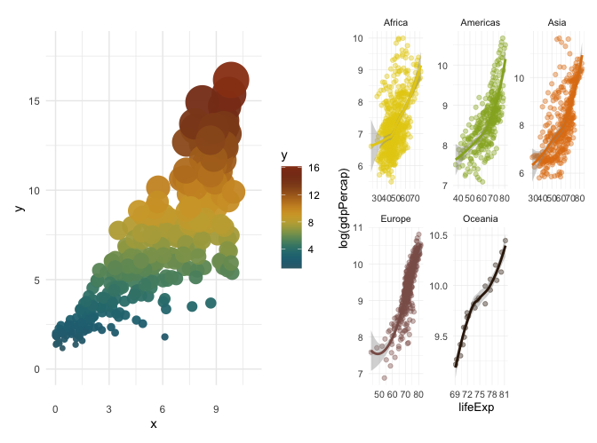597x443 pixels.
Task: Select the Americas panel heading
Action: [481, 22]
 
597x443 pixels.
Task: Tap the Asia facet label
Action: [559, 22]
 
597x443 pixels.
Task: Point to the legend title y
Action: [284, 155]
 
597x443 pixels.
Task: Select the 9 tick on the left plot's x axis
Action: [216, 384]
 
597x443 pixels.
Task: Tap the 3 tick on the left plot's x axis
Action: [109, 384]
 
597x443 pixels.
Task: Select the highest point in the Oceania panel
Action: [505, 241]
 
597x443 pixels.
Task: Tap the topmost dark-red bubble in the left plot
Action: [232, 78]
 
